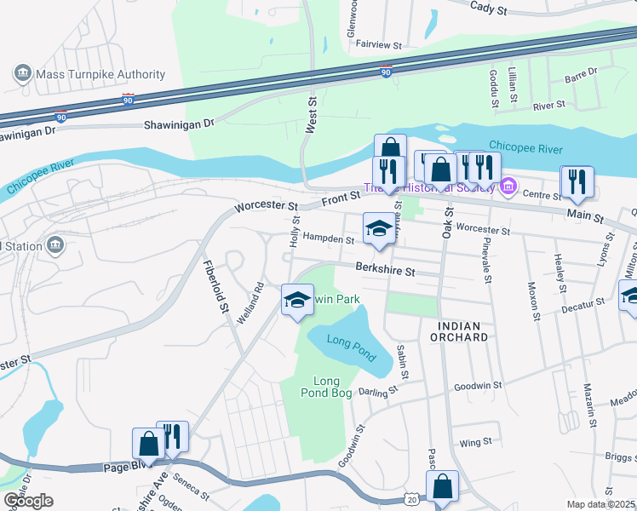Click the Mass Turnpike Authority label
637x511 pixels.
100,74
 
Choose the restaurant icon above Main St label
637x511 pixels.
577,181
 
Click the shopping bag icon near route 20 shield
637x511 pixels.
442,487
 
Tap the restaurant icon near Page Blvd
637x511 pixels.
173,437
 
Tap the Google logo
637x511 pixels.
28,502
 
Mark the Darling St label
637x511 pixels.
379,391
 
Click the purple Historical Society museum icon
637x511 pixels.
508,185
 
